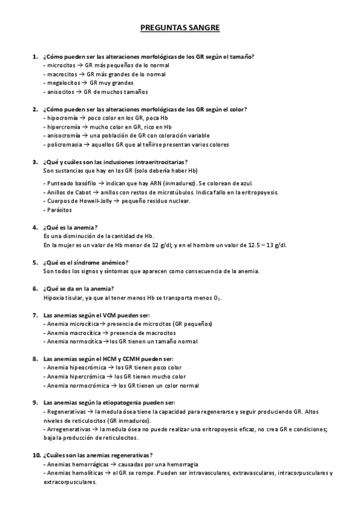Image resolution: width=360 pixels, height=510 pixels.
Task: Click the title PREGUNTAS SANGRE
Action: [180, 28]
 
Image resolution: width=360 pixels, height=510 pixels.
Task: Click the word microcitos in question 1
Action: [61, 65]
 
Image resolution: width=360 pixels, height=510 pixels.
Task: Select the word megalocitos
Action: [64, 83]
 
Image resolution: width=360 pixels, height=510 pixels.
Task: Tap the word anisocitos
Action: [61, 92]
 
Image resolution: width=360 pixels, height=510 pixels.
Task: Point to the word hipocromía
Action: [63, 118]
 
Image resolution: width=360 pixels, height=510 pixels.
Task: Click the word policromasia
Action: [64, 144]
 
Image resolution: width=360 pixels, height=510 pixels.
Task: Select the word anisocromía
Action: [64, 136]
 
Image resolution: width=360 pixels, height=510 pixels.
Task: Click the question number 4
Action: [35, 227]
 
